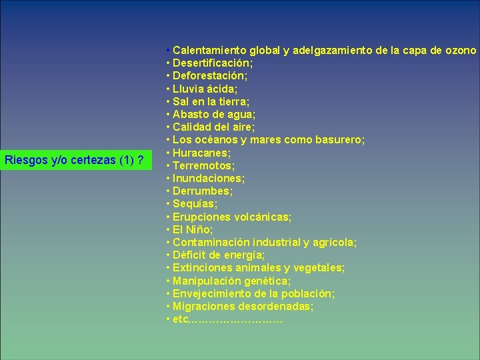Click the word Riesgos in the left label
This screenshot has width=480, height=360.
(25, 160)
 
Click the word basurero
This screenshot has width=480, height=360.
(338, 140)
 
